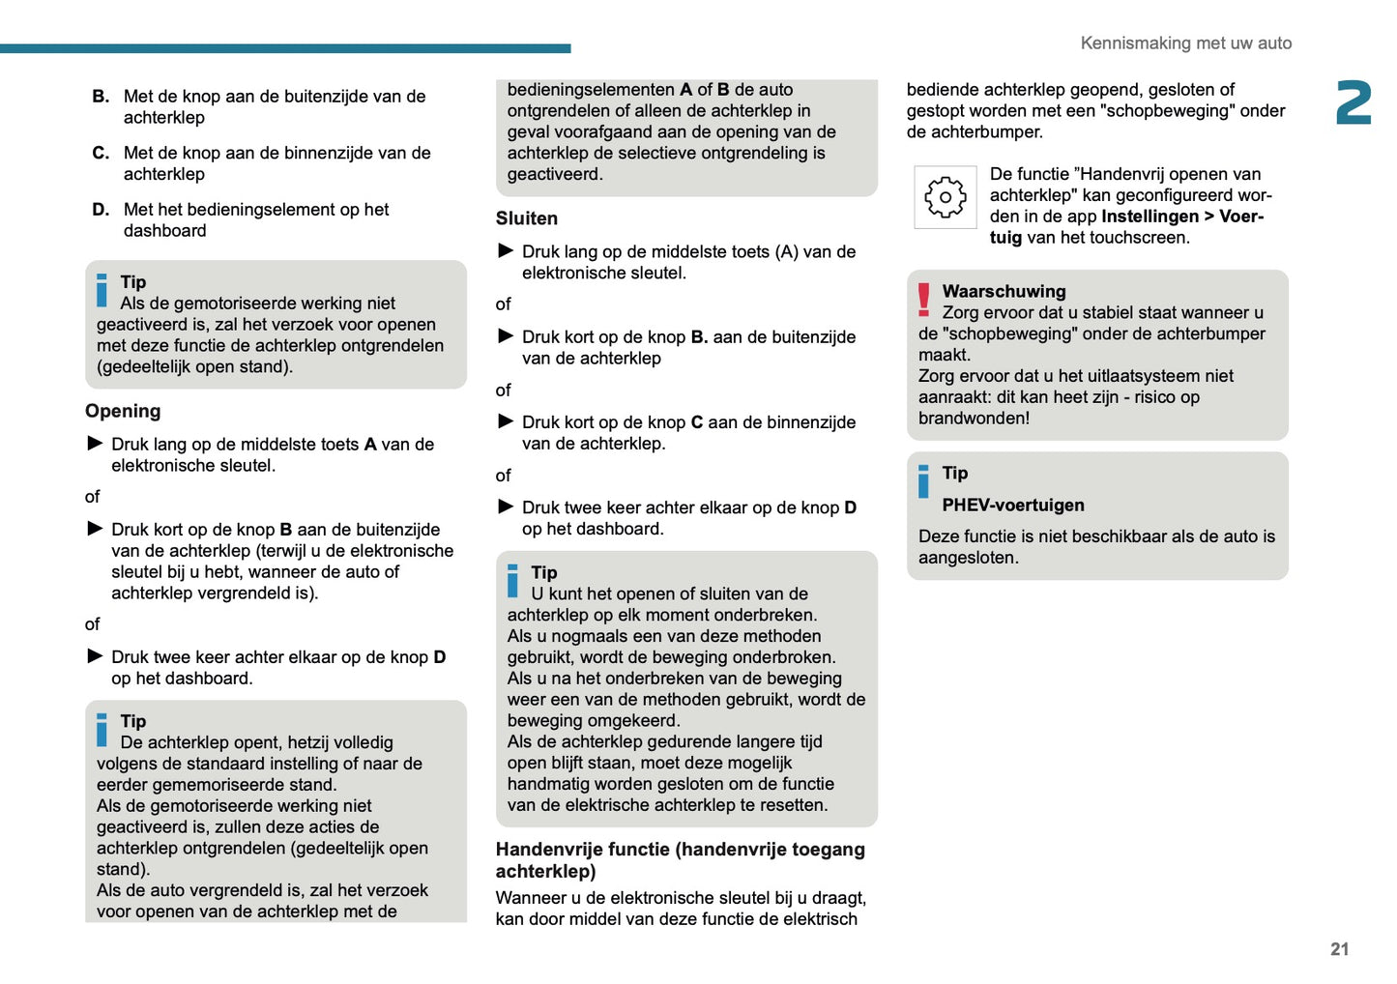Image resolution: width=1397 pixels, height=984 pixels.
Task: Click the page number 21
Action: [1339, 949]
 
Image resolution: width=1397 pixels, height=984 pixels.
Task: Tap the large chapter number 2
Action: [1353, 103]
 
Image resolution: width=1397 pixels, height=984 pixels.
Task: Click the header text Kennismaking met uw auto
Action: [1185, 43]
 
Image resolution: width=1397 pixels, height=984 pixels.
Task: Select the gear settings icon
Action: [945, 197]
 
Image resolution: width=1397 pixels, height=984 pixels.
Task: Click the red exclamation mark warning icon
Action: [924, 301]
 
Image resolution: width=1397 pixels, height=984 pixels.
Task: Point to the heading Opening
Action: [123, 411]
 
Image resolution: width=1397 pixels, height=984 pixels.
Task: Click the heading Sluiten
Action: [527, 218]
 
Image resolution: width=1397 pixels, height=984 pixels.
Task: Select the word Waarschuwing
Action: [1004, 291]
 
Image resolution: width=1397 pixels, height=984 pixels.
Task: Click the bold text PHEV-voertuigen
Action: [1013, 505]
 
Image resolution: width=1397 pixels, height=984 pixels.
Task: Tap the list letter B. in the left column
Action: [101, 97]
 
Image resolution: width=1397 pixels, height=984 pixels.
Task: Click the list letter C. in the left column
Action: [101, 153]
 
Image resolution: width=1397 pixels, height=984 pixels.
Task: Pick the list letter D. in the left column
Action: [101, 210]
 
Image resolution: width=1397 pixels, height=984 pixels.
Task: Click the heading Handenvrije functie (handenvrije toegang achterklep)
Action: [680, 860]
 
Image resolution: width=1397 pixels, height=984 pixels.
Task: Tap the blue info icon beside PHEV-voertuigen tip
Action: [924, 480]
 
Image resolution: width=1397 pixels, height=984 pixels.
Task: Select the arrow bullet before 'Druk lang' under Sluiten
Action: [506, 251]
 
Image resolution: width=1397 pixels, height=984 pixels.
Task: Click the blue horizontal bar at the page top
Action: [285, 48]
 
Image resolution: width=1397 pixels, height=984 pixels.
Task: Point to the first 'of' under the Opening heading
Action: [92, 497]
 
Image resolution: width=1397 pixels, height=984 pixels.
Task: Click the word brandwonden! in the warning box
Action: [974, 419]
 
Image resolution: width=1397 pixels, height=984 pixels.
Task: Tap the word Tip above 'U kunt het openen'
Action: [544, 572]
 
